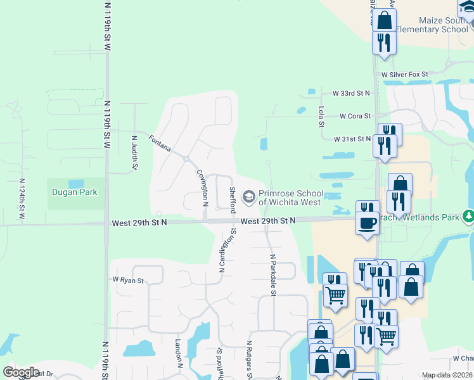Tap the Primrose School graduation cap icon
(x=249, y=198)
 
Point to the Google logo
(x=21, y=372)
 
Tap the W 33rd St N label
(x=346, y=92)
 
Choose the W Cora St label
(x=355, y=116)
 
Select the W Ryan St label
(x=128, y=279)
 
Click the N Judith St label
(x=134, y=152)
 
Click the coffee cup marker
(x=368, y=222)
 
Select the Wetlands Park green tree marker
(x=468, y=216)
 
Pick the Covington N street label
(x=202, y=188)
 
